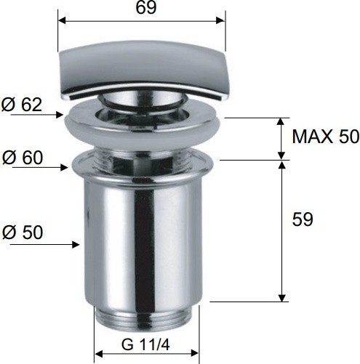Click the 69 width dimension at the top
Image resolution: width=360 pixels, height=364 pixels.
tap(146, 7)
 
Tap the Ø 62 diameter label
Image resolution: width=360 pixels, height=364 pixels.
tap(22, 105)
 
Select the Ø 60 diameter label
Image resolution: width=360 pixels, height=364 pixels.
tap(23, 158)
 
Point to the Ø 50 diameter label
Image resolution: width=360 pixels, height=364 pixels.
tap(23, 232)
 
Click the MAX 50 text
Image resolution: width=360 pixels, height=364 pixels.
tap(326, 137)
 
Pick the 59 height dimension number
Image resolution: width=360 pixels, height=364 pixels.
tap(303, 219)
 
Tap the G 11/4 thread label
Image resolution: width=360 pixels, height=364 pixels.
tap(145, 344)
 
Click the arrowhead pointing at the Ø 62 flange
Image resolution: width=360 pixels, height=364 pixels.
tap(60, 115)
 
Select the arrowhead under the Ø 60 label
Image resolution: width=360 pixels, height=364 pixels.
tap(64, 167)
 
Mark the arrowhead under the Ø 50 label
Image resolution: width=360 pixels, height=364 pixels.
tap(76, 245)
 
